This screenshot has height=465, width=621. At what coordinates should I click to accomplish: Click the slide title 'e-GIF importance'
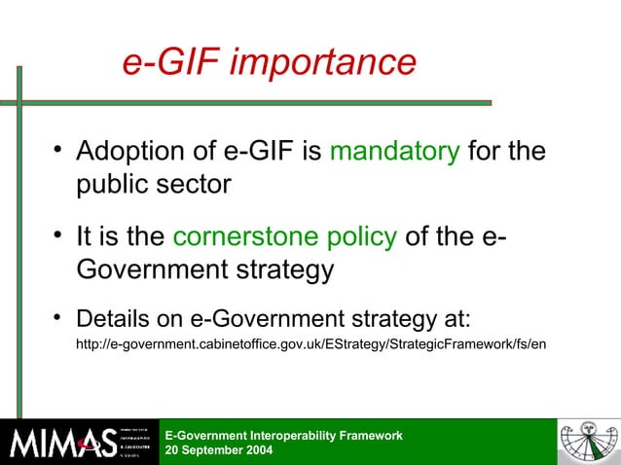(x=269, y=63)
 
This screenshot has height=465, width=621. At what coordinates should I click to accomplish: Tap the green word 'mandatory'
(x=395, y=152)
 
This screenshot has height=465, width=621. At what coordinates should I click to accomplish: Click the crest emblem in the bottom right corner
(x=588, y=443)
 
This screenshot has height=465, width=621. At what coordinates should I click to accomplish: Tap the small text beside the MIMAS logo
(x=133, y=443)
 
